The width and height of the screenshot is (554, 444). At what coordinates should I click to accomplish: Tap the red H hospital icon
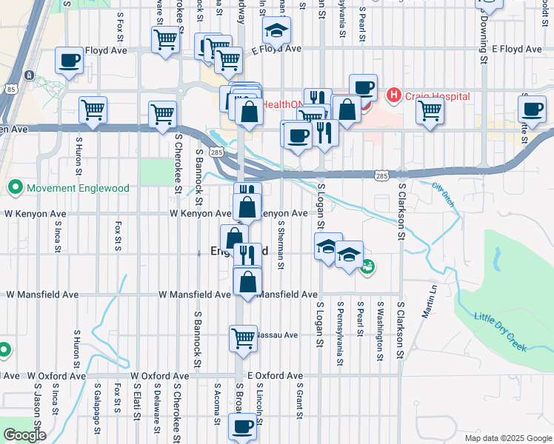tap(394, 95)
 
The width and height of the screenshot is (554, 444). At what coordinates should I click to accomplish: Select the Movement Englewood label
tap(78, 188)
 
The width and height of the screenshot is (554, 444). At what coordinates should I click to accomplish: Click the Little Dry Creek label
tap(501, 330)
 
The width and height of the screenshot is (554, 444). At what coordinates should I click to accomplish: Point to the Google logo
tap(24, 435)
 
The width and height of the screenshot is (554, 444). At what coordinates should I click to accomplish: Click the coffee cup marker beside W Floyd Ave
tap(70, 61)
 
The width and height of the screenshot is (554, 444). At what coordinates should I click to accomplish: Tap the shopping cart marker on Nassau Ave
tap(244, 338)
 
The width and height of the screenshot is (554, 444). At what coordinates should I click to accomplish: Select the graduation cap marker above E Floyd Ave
tap(276, 30)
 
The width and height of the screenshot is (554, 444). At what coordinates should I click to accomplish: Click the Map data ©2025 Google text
tap(507, 438)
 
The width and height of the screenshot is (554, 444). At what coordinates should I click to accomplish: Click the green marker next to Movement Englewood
tap(13, 188)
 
